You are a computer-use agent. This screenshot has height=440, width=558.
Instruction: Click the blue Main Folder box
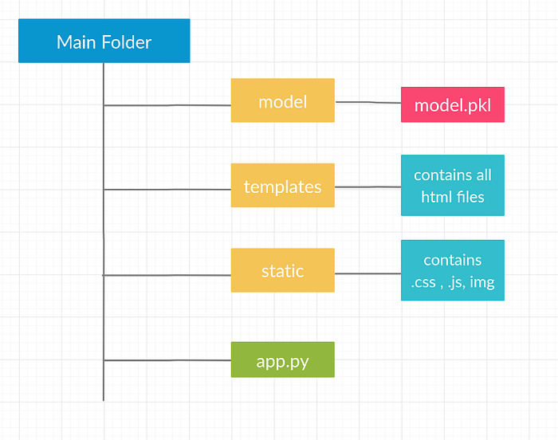coord(104,41)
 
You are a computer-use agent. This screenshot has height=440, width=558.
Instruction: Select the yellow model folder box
coord(282,100)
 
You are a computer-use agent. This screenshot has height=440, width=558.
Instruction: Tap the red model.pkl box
coord(452,104)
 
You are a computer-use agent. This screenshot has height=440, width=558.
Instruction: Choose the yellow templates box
coord(282,186)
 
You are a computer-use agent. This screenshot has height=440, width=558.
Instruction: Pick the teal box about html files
coord(452,186)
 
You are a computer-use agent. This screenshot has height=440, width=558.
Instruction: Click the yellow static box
coord(282,270)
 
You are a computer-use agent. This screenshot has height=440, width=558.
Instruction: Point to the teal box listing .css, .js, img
coord(452,271)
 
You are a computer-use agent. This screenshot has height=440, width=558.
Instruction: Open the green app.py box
coord(282,359)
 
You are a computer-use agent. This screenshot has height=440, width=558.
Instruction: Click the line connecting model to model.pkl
coord(367,102)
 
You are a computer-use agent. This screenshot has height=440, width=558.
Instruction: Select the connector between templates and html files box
coord(367,187)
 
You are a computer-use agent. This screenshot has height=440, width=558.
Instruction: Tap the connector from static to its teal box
coord(367,273)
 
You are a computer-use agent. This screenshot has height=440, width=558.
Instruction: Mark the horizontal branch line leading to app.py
coord(167,360)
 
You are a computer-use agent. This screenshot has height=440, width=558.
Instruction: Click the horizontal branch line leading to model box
coord(167,104)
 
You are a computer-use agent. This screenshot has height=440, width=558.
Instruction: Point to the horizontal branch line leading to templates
coord(167,189)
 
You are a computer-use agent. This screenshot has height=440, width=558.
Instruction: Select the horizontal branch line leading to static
coord(167,275)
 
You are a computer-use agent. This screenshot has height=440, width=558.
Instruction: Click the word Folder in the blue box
coord(126,41)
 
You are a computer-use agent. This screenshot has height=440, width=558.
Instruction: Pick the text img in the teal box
coord(482,282)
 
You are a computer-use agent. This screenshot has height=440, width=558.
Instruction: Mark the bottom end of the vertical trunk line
coord(104,398)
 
